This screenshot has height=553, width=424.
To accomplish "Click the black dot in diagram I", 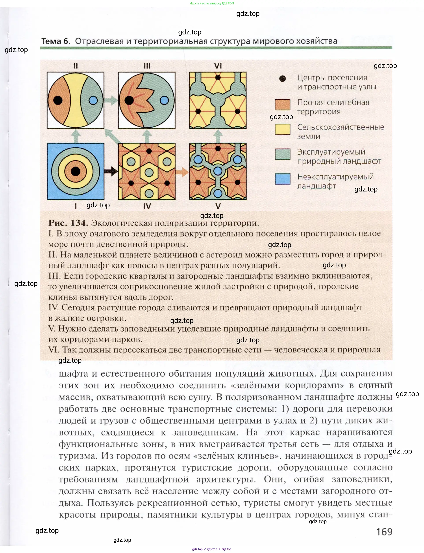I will click(76, 171).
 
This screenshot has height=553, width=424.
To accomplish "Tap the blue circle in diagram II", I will click(93, 100).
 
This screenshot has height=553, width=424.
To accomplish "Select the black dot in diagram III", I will click(129, 100).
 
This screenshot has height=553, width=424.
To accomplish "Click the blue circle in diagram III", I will click(164, 100).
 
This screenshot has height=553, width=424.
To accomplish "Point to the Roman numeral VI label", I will click(218, 66).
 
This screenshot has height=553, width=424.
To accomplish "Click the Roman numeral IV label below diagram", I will click(147, 206).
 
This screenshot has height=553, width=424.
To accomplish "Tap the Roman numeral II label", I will click(76, 66).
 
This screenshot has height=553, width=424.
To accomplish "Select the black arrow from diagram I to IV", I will click(111, 172).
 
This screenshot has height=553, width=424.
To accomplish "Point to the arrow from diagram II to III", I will click(111, 100).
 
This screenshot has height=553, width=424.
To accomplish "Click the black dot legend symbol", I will click(282, 79).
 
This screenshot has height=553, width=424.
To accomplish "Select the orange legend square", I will click(282, 104).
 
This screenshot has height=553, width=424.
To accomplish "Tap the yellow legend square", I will click(282, 129).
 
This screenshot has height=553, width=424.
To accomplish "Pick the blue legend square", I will click(282, 179).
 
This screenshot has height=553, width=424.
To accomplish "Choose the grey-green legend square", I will click(282, 154).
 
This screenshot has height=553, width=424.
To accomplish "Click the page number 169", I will click(384, 532).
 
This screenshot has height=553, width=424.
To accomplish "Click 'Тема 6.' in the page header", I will click(56, 41).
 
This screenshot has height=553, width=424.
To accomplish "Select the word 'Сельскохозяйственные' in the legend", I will click(341, 127).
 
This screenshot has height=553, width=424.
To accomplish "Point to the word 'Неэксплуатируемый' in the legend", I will click(335, 177).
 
